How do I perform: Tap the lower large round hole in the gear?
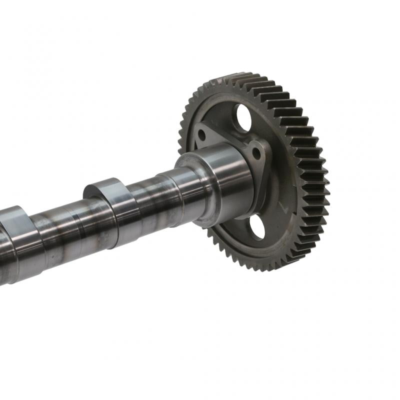click(256, 227)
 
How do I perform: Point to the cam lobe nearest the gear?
click(111, 210)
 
